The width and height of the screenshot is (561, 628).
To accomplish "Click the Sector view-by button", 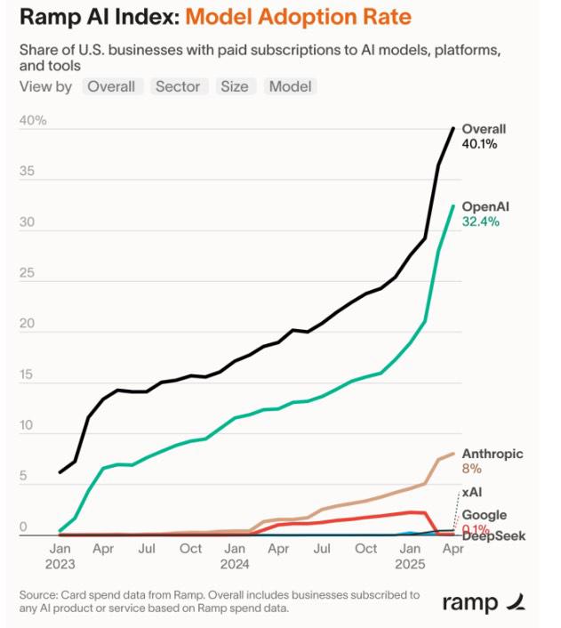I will [178, 86].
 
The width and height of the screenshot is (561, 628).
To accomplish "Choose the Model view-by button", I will [290, 86].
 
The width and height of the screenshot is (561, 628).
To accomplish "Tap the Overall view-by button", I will [111, 86].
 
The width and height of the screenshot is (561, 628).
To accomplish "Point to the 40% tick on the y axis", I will [34, 121].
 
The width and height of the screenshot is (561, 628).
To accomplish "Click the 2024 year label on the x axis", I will [235, 564].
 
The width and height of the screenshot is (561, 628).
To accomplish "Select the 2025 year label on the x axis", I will [409, 564].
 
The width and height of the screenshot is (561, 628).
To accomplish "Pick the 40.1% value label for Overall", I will [481, 144].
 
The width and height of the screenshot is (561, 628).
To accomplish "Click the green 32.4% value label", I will [482, 221].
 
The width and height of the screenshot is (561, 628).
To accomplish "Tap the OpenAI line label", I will [485, 206].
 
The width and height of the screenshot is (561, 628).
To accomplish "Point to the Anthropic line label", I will [493, 454].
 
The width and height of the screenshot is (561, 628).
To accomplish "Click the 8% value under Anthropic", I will [471, 469].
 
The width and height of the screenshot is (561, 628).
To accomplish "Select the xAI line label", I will [474, 492].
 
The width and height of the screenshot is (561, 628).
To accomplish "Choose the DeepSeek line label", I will [493, 535].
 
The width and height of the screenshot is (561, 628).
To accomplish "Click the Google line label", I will [484, 515].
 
